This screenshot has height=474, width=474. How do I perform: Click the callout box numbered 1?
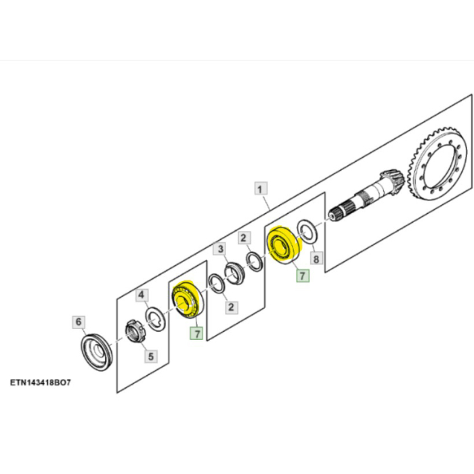[x=260, y=189]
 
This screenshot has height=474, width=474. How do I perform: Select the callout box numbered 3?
[x=220, y=249]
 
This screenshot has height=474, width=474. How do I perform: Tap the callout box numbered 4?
[x=142, y=295]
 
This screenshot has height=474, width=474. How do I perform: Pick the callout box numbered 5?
[x=151, y=356]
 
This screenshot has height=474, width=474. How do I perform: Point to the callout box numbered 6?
[x=79, y=322]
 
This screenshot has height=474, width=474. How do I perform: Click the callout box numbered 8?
[x=316, y=259]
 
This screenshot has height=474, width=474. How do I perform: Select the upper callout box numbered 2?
[x=244, y=238]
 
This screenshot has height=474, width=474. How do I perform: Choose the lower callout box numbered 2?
[x=232, y=307]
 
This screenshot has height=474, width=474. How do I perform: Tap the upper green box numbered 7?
[x=303, y=276]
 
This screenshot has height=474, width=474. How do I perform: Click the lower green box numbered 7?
[x=197, y=333]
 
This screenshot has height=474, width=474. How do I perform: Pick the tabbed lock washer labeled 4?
[x=156, y=319]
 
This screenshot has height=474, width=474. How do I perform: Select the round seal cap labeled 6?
[x=97, y=352]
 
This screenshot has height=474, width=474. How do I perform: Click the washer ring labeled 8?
[x=307, y=231]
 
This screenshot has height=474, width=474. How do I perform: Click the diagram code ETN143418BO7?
[x=41, y=383]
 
